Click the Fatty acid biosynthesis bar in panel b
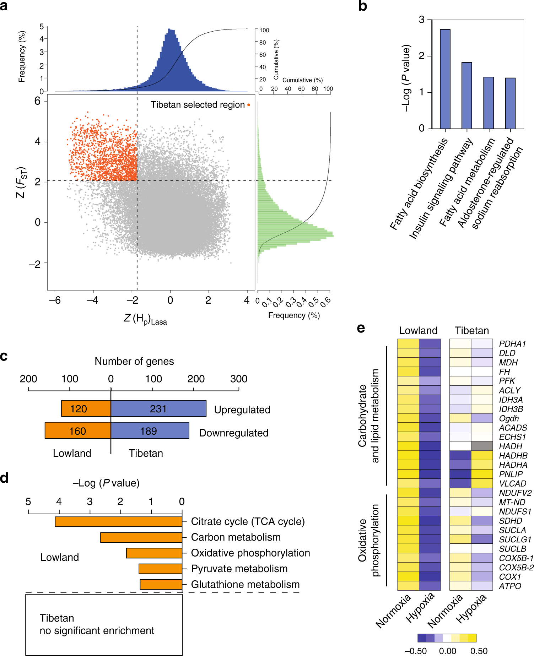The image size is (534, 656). (445, 79)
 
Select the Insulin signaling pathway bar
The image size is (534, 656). (466, 96)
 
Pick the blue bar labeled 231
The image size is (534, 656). (158, 408)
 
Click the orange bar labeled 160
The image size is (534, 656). (78, 430)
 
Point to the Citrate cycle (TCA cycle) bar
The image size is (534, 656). (118, 521)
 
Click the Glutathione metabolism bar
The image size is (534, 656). (161, 584)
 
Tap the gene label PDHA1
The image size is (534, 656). (512, 344)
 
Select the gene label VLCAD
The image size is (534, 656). (512, 483)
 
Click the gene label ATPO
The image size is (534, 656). (510, 586)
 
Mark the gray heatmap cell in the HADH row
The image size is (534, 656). (482, 446)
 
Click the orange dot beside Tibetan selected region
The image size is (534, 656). (249, 105)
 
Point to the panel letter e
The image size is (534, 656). (361, 328)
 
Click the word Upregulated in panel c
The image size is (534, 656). (242, 410)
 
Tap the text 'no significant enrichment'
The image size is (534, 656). (97, 630)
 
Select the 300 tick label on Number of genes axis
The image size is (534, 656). (238, 379)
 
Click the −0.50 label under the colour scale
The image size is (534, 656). (415, 651)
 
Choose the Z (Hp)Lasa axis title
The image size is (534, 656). (145, 319)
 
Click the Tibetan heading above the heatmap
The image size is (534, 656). (471, 330)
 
